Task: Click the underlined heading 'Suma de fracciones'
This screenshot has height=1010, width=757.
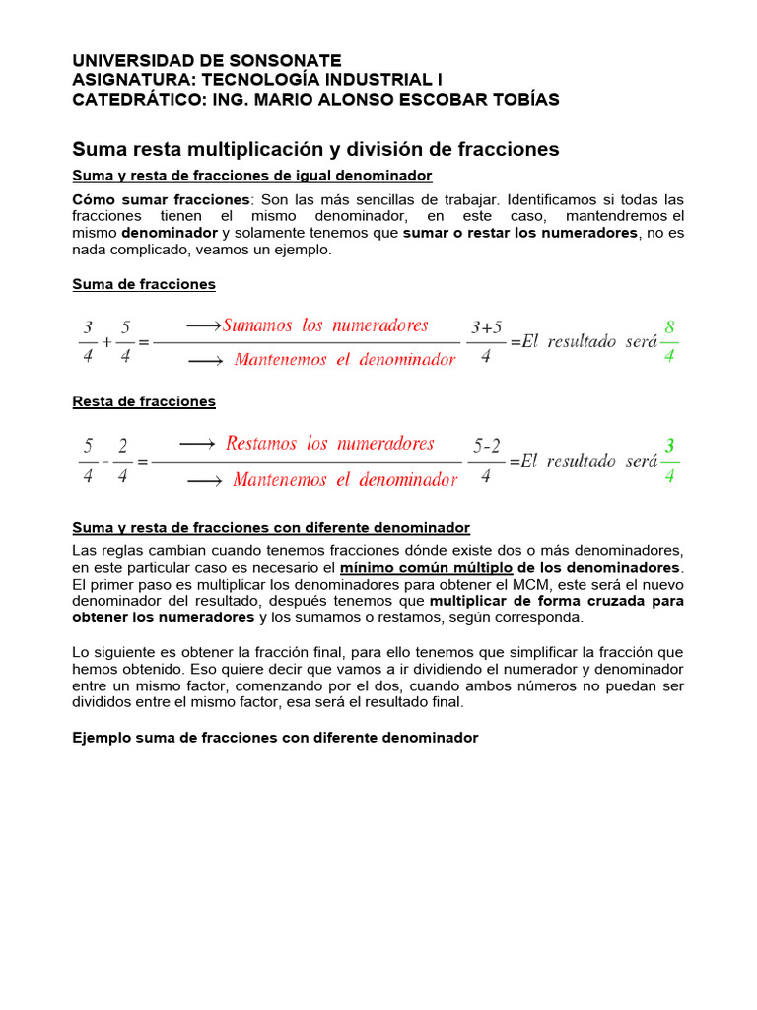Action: (x=144, y=284)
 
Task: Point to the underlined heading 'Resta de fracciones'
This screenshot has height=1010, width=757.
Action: (x=144, y=401)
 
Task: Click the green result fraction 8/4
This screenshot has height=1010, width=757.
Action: (x=669, y=341)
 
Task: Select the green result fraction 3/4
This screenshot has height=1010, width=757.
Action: (x=669, y=460)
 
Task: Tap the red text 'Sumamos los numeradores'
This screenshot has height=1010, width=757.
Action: (x=325, y=325)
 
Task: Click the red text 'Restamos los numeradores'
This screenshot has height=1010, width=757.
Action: (x=329, y=444)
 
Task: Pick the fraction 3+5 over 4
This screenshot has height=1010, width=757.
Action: (x=486, y=341)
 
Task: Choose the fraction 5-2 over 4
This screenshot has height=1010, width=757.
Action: (x=486, y=460)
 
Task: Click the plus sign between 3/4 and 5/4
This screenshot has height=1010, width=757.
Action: (x=106, y=343)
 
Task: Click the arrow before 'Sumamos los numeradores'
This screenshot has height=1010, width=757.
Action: (x=202, y=325)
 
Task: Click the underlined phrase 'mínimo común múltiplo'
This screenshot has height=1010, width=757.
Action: (x=426, y=568)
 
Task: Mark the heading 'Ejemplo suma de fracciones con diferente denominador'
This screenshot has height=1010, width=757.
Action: (x=275, y=737)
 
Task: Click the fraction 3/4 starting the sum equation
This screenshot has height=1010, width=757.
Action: (x=88, y=341)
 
